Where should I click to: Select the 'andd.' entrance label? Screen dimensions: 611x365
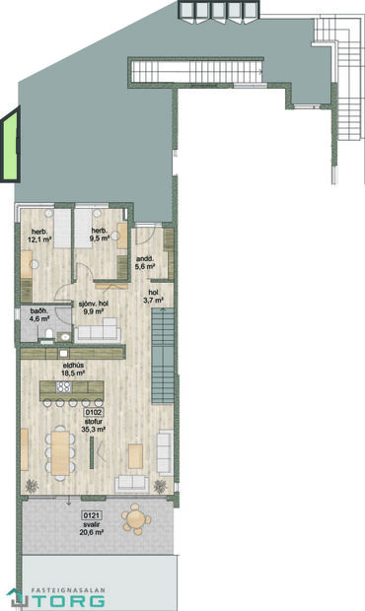click(x=145, y=261)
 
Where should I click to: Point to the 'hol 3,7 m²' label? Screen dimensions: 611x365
click(x=155, y=297)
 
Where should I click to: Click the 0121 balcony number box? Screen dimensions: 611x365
click(x=92, y=515)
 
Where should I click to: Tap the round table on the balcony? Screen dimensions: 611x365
click(x=135, y=517)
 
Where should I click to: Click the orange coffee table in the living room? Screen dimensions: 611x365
click(x=135, y=454)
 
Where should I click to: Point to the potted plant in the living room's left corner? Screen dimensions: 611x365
click(x=32, y=485)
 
